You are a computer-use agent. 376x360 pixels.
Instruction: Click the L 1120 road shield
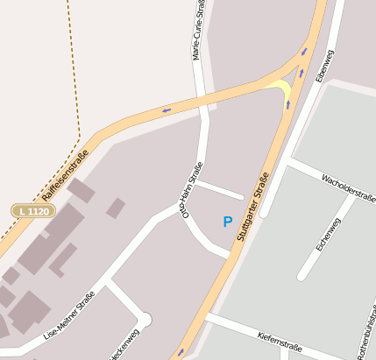(x=34, y=211)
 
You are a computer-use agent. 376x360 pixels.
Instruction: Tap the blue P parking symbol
(x=228, y=222)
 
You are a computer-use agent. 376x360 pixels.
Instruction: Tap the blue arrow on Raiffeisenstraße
(x=166, y=110)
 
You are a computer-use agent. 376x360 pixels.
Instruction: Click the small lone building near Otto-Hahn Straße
(x=116, y=208)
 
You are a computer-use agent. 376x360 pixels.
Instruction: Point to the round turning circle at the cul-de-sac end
(x=144, y=321)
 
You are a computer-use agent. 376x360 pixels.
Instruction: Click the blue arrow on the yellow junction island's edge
(x=287, y=105)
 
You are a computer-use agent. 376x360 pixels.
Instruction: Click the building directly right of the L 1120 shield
(x=80, y=189)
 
